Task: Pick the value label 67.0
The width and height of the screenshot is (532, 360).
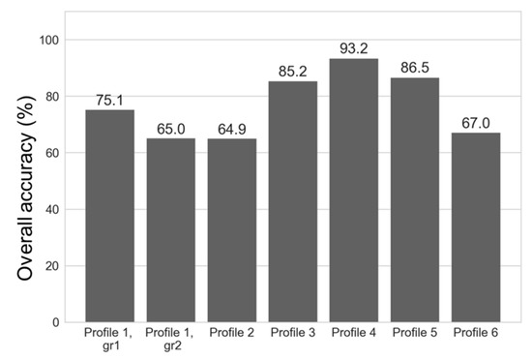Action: tap(476, 123)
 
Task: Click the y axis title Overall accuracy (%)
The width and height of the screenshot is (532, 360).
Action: tap(25, 181)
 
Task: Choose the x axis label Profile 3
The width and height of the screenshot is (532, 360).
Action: tap(293, 333)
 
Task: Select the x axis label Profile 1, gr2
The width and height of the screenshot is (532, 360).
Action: tap(170, 339)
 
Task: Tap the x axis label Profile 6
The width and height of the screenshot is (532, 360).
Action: tap(476, 333)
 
